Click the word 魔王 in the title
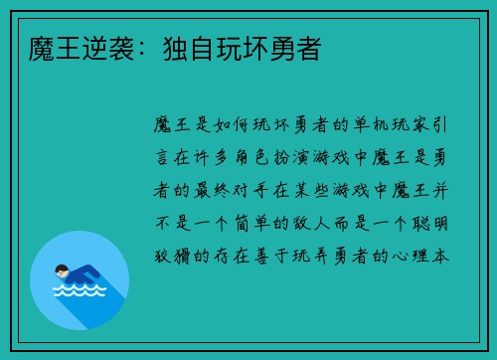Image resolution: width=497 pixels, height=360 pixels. tap(55, 49)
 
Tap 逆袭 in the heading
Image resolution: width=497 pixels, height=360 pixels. tap(108, 49)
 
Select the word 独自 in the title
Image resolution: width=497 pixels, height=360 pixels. tap(190, 49)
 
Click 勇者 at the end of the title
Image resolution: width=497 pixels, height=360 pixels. tap(296, 49)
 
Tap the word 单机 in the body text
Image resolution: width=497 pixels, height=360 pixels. tap(372, 125)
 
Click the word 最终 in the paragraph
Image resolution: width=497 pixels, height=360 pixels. tap(212, 191)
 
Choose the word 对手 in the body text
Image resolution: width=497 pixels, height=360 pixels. tap(251, 191)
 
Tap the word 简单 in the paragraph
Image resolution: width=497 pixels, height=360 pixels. tap(252, 223)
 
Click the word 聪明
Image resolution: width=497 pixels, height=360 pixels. tap(430, 223)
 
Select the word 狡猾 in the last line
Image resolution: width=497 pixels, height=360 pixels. tap(172, 256)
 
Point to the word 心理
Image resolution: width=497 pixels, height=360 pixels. tap(411, 256)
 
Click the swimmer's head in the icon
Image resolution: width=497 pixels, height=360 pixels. tap(62, 271)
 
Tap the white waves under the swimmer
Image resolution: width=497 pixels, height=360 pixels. tap(80, 290)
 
